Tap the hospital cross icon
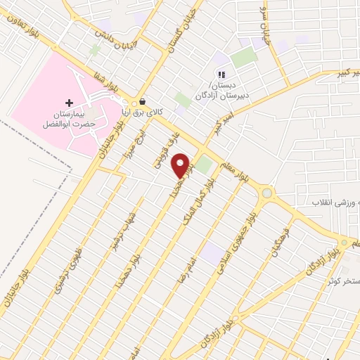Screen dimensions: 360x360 click(69, 103)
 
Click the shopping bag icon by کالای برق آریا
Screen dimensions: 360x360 click(143, 101)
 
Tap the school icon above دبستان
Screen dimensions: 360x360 click(221, 75)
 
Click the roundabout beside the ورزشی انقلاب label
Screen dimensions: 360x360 click(266, 193)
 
